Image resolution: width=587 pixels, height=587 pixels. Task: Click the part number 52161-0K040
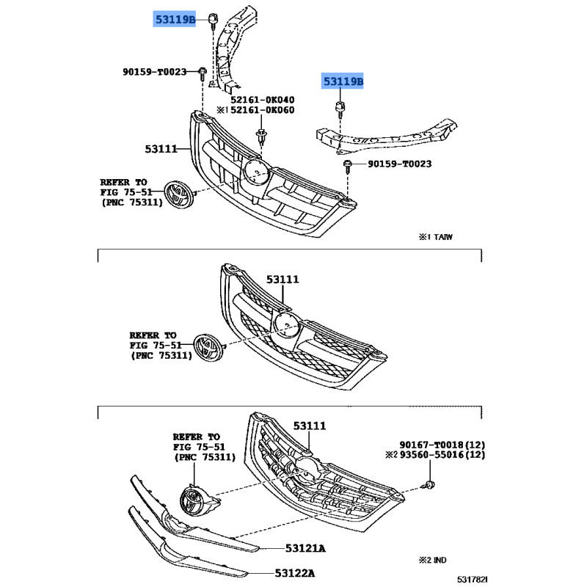(x=262, y=100)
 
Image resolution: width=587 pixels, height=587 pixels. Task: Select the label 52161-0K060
(x=262, y=110)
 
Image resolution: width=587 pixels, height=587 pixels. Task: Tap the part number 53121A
(x=305, y=548)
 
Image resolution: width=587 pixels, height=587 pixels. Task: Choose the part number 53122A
(x=295, y=573)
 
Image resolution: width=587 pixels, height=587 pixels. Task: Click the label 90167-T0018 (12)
(x=442, y=445)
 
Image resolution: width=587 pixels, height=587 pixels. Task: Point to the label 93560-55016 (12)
(x=442, y=455)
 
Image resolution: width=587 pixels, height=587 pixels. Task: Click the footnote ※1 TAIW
(x=435, y=237)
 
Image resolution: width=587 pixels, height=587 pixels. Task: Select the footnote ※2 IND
(x=432, y=560)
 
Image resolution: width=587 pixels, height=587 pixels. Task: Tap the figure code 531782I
(x=472, y=580)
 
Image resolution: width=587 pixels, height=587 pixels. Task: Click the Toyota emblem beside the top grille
(x=179, y=194)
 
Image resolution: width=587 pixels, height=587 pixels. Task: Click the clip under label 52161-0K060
(x=261, y=137)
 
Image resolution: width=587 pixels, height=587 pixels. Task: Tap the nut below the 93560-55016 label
(x=429, y=485)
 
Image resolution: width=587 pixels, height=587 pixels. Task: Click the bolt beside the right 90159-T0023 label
(x=347, y=167)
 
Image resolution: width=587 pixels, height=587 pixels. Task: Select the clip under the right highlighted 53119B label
(x=340, y=108)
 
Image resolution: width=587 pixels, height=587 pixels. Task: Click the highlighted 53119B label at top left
(x=175, y=19)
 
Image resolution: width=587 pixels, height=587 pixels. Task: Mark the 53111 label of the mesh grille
(x=282, y=280)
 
